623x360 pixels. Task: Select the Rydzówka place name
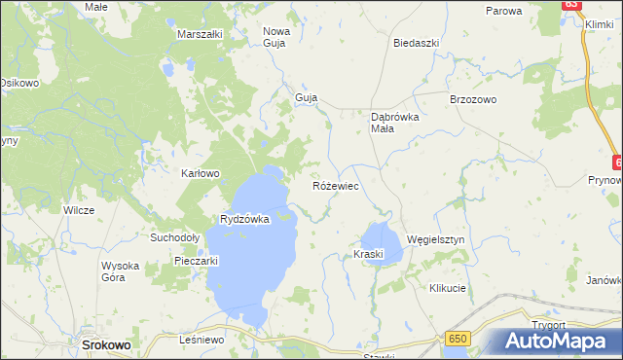pos(244,220)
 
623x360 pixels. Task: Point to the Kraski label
pos(369,255)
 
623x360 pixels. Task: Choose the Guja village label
pos(307,98)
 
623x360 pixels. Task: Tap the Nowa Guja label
pos(276,37)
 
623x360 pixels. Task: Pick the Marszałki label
pos(201,34)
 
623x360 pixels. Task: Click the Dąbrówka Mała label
pos(395,124)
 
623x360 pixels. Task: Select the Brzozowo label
pos(473,100)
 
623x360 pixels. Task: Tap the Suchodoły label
pos(174,236)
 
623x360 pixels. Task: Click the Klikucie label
pos(448,289)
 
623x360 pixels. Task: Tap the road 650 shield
pos(460,338)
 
